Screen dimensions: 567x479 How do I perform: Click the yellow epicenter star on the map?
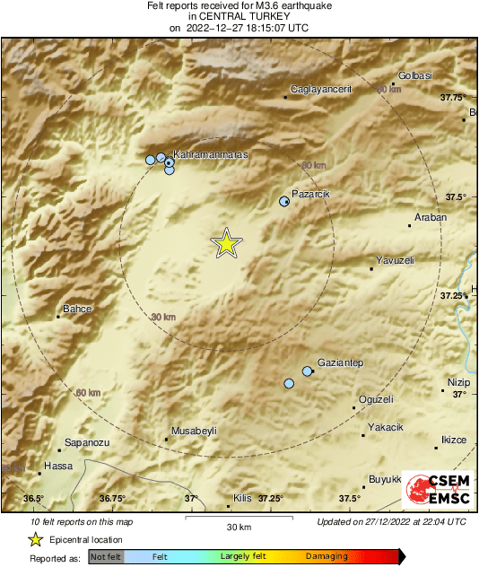pos(226,243)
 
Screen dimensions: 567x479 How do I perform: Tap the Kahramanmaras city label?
pos(209,155)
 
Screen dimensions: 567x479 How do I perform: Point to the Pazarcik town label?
pos(311,194)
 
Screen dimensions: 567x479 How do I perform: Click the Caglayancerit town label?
pos(321,90)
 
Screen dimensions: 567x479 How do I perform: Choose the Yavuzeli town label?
pos(395,261)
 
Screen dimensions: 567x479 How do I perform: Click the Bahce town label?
pos(76,309)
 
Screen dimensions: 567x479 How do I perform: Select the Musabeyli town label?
pos(194,431)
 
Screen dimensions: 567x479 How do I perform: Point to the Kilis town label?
pos(242,498)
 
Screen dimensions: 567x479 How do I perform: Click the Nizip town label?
pos(458,383)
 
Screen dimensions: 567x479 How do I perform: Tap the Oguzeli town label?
pos(376,399)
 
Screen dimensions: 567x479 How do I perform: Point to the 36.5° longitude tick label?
pos(33,499)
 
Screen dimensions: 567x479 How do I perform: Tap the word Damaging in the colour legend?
pos(327,556)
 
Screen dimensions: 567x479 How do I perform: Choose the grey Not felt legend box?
pos(106,556)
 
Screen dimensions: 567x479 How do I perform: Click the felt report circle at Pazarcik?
pos(284,202)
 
